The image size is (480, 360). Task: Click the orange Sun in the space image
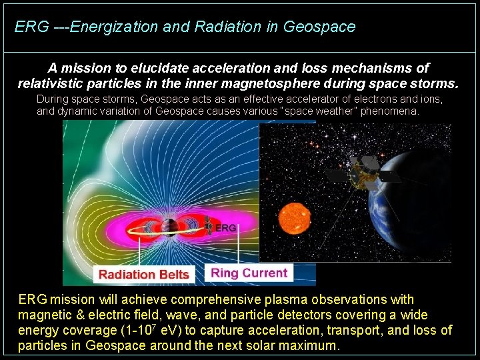(x=295, y=219)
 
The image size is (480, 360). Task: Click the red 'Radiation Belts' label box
(x=144, y=274)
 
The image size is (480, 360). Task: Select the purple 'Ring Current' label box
(x=249, y=273)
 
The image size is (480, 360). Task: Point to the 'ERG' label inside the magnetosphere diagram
(x=226, y=228)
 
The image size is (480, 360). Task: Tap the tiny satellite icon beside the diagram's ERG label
(x=209, y=229)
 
